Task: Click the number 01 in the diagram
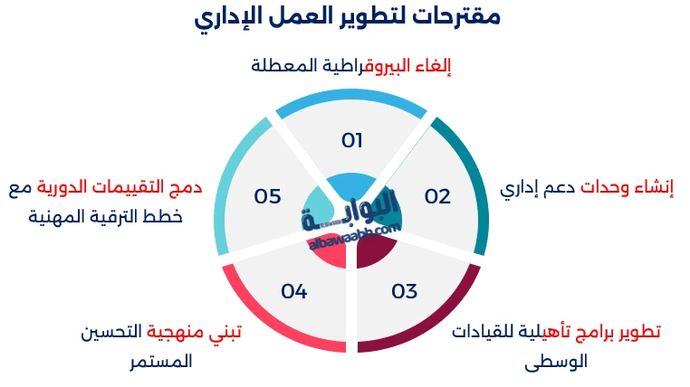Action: point(352,140)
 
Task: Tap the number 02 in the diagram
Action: point(437,196)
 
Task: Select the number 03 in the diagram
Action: point(405,291)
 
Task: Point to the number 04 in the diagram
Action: point(294,291)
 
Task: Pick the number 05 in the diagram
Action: point(267,196)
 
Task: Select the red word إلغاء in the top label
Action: point(432,66)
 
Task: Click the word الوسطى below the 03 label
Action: point(556,361)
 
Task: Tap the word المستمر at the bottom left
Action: point(160,361)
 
